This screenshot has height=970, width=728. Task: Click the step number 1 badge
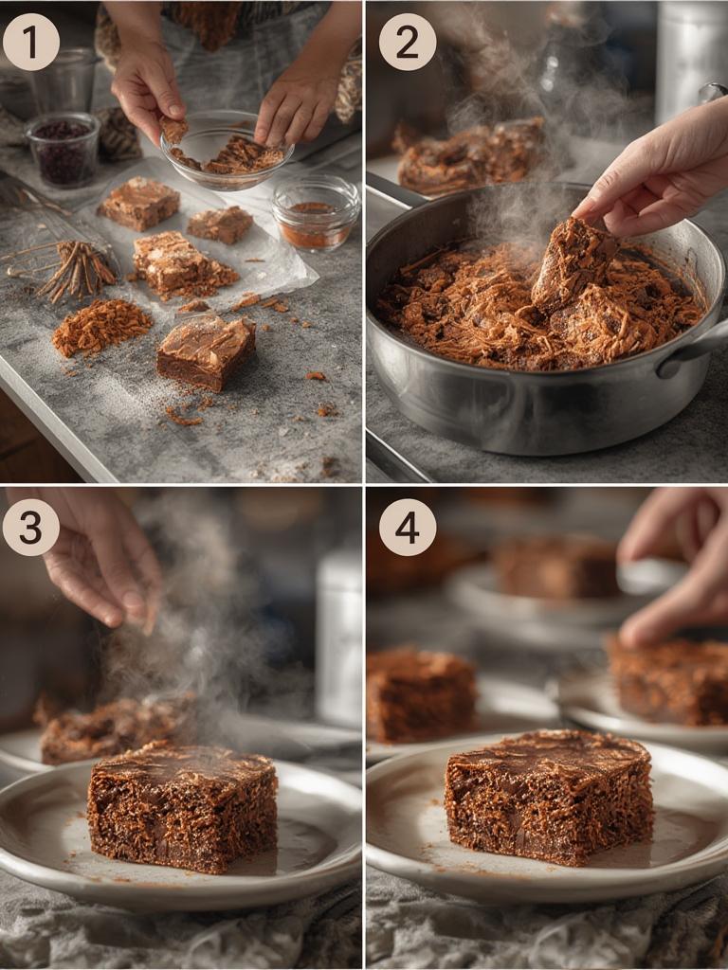[x=30, y=42]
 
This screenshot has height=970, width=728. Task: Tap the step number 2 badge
[x=407, y=42]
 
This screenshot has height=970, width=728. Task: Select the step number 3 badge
[x=30, y=527]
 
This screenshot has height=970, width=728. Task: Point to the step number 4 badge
[x=407, y=527]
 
